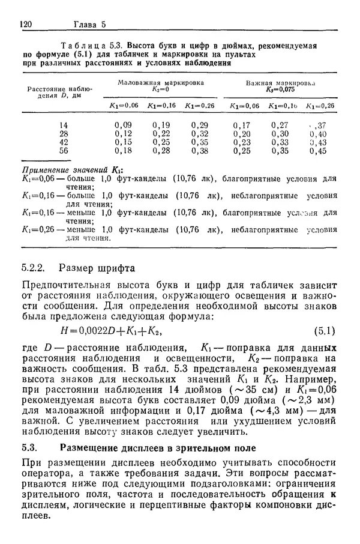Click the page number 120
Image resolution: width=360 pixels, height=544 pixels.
click(x=26, y=25)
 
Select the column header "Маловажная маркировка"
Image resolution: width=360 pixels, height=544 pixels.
click(x=160, y=82)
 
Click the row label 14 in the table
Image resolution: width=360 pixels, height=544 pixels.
click(x=64, y=125)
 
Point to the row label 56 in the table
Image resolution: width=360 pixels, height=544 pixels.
click(x=64, y=151)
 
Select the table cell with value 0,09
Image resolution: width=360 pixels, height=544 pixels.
click(x=123, y=125)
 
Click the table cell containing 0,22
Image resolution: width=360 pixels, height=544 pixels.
click(x=161, y=134)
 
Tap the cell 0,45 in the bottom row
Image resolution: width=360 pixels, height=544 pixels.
click(x=318, y=151)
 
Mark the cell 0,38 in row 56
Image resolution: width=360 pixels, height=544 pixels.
click(x=199, y=151)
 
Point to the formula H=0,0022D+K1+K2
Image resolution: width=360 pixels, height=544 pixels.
click(x=107, y=330)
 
